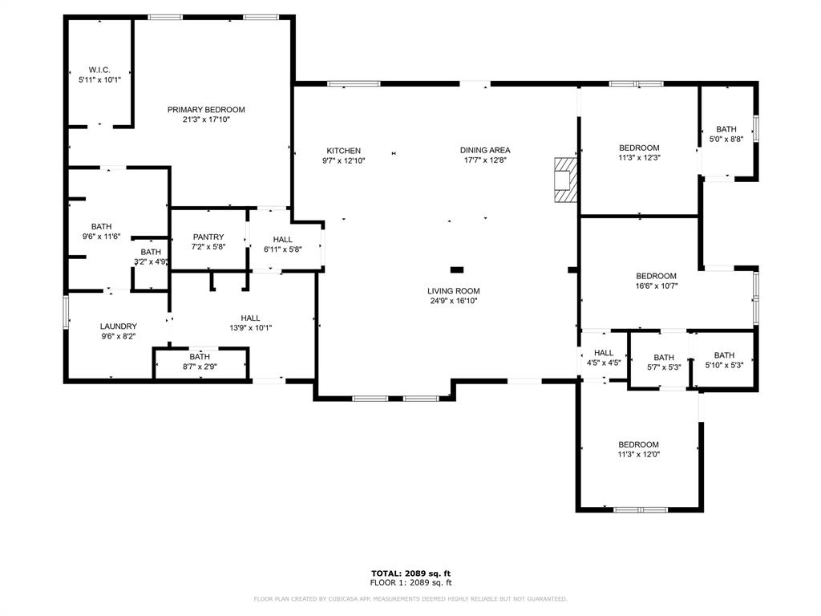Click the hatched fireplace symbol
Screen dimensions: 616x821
tap(565, 180)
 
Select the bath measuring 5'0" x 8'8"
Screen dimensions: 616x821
tap(726, 134)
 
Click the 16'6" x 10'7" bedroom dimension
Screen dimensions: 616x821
tap(656, 286)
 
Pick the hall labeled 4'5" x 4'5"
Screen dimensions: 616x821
tap(603, 358)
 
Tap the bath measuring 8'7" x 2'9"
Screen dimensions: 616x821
tap(200, 362)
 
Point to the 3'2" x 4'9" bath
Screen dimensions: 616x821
tap(151, 257)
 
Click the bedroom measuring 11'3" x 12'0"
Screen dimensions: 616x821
tap(638, 449)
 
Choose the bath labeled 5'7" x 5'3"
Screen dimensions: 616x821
tap(664, 363)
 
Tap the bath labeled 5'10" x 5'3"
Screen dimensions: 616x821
tap(724, 361)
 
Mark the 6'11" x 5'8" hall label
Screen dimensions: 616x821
tap(282, 245)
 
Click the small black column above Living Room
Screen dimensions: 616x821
tap(457, 269)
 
